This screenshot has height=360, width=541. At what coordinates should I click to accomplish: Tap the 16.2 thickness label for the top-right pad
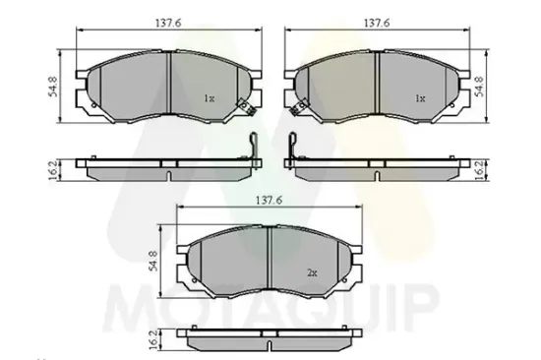tap(480, 168)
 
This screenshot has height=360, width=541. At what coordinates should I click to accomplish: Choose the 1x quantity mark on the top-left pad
tap(209, 98)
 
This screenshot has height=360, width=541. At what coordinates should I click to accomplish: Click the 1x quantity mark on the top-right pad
tap(419, 98)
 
